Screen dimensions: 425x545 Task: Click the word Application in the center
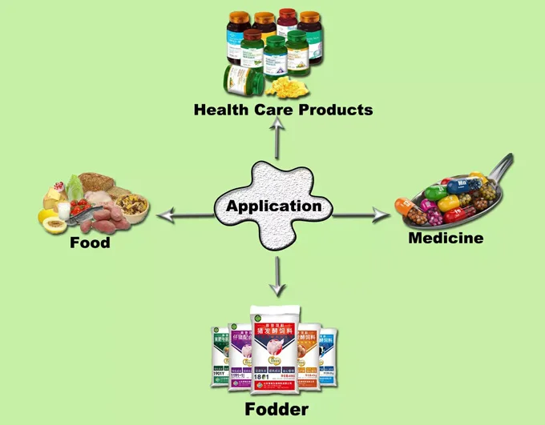(x=273, y=206)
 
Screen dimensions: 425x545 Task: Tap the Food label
(x=90, y=242)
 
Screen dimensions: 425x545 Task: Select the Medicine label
(x=446, y=238)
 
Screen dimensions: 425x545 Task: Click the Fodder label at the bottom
(x=277, y=410)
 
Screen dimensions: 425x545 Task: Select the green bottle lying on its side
(x=241, y=77)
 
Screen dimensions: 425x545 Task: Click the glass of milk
(x=63, y=210)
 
